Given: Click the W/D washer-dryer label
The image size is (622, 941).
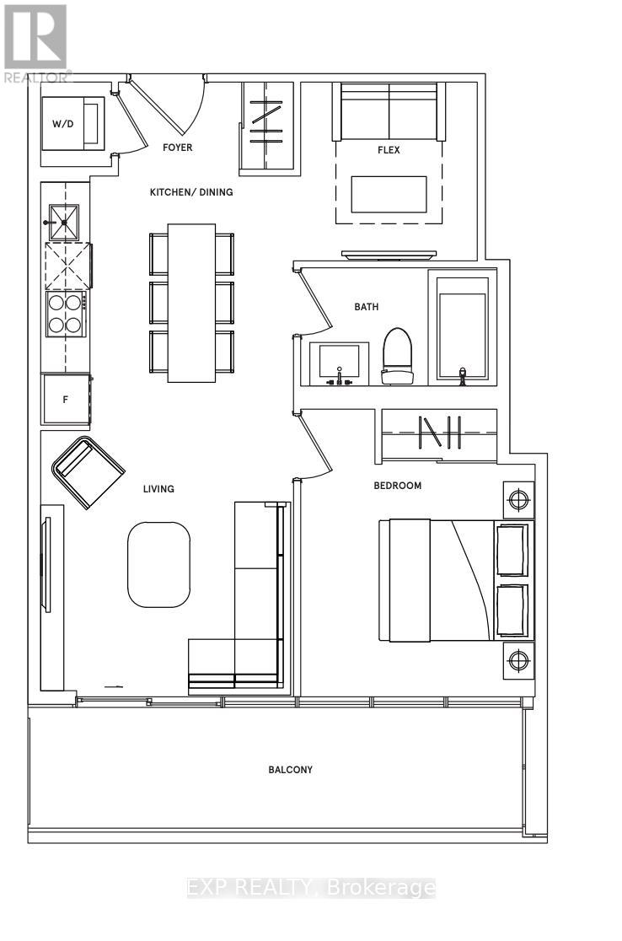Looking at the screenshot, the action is [63, 124].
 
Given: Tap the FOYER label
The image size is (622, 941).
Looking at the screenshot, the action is [178, 147].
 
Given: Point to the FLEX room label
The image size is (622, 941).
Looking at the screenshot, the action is [389, 150].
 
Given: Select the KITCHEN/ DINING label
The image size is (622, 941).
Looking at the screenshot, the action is [191, 192].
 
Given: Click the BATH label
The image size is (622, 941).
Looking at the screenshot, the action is [367, 307].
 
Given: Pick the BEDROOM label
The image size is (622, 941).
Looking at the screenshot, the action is [398, 486].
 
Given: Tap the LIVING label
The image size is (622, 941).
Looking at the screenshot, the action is [158, 489].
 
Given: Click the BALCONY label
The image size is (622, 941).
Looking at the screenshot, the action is [290, 769].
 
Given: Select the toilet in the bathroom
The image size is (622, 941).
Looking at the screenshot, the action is [398, 356].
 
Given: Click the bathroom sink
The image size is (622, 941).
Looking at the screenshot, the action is [339, 364].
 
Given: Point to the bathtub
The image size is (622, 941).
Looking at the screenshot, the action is [463, 327].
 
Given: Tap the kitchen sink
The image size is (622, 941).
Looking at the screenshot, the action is [64, 222].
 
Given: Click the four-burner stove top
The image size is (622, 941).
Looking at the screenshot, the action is [65, 315].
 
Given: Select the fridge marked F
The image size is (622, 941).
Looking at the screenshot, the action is [66, 400].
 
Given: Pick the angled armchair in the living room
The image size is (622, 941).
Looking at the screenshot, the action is [88, 473].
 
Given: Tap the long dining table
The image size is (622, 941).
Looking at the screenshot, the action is [191, 303].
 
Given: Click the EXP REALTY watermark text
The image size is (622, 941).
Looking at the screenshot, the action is [310, 888].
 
